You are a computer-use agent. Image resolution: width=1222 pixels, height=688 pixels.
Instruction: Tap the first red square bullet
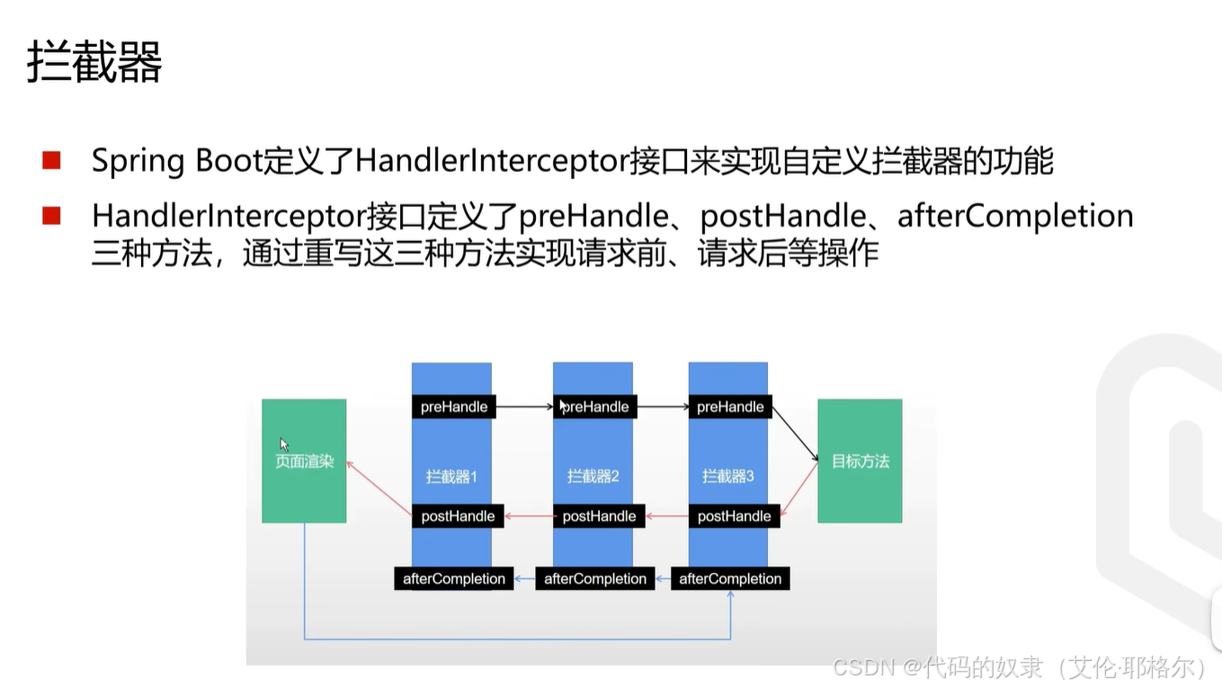pyautogui.click(x=51, y=161)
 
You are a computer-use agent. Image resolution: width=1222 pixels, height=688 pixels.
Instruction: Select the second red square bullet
pyautogui.click(x=51, y=216)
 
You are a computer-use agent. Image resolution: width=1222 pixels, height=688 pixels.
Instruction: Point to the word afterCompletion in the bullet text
pyautogui.click(x=1015, y=216)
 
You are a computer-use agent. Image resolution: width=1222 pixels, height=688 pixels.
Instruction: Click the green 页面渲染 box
pyautogui.click(x=304, y=461)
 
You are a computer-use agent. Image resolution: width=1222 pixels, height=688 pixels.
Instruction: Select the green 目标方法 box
pyautogui.click(x=860, y=461)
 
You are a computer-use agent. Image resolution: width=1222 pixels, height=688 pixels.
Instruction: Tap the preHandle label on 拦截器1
pyautogui.click(x=454, y=407)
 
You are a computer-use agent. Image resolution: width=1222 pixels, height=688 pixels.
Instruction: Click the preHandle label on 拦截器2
pyautogui.click(x=594, y=407)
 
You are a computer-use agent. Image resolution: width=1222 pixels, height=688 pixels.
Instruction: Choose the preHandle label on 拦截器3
pyautogui.click(x=730, y=407)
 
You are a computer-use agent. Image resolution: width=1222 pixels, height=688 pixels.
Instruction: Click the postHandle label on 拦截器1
pyautogui.click(x=458, y=516)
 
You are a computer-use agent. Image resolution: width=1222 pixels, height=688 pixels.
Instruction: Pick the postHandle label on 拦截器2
pyautogui.click(x=599, y=516)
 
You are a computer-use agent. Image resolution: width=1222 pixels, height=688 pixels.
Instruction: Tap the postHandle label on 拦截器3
pyautogui.click(x=734, y=516)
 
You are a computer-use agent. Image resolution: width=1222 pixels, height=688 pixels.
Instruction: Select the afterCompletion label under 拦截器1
pyautogui.click(x=454, y=578)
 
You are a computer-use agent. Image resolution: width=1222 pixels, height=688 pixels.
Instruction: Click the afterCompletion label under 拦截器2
pyautogui.click(x=595, y=578)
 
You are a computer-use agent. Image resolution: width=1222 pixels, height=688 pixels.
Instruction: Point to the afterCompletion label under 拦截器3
pyautogui.click(x=730, y=578)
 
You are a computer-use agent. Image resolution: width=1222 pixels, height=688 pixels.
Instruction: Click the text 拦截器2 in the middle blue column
pyautogui.click(x=593, y=477)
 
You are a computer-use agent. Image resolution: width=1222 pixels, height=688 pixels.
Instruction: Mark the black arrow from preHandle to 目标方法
pyautogui.click(x=795, y=433)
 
